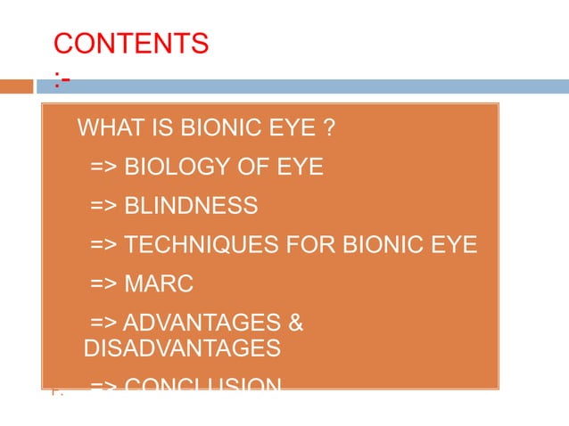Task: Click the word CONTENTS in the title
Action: click(x=131, y=43)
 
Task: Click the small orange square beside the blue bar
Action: click(x=16, y=87)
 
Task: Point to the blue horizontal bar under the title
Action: click(x=303, y=87)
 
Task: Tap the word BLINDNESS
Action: click(x=191, y=206)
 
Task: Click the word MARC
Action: click(x=158, y=284)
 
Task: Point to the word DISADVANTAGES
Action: click(x=182, y=348)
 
